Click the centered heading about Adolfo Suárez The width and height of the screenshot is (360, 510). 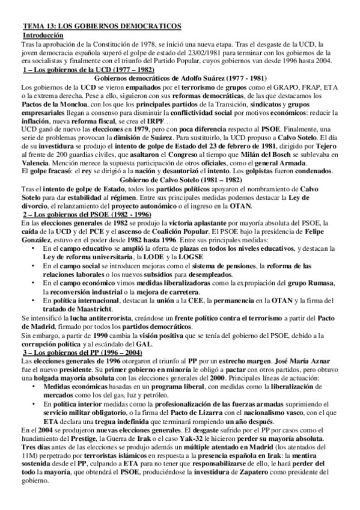coord(180,78)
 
